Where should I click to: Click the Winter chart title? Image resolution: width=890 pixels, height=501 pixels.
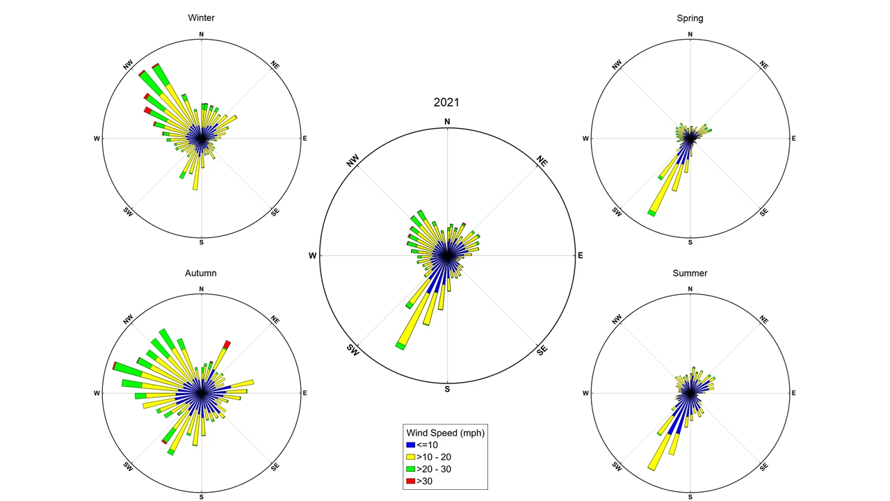point(201,18)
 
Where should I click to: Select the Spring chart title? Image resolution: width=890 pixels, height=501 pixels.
point(690,18)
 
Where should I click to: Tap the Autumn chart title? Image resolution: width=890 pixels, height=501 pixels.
point(201,273)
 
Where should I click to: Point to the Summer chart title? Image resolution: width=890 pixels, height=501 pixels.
point(690,273)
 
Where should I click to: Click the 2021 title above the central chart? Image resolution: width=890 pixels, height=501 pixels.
point(446,102)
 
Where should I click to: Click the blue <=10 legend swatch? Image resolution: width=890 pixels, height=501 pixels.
point(410,445)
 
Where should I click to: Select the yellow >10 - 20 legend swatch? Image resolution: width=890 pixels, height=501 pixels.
point(410,457)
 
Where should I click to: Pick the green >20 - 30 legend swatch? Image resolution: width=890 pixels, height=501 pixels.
point(410,469)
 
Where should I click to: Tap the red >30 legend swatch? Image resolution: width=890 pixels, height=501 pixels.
point(410,482)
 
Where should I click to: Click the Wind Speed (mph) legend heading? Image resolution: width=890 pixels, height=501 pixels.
point(446,432)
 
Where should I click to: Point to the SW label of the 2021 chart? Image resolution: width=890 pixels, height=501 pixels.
point(353,351)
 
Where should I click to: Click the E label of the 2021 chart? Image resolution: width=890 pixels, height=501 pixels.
point(581,256)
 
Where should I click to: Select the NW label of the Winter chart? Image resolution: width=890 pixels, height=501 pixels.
point(128,65)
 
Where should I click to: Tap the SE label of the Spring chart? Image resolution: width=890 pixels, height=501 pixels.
point(763,212)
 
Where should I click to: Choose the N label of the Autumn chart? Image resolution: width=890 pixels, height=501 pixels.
point(202,289)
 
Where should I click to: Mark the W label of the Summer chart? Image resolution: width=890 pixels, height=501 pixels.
point(585,394)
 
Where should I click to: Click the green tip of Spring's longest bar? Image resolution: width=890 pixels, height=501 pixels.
point(652,212)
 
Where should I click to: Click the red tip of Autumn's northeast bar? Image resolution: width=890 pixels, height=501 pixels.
point(227,344)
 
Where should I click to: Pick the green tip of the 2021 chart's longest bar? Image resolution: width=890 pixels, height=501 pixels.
point(400,345)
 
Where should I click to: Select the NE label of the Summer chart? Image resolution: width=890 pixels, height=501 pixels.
point(763,320)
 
